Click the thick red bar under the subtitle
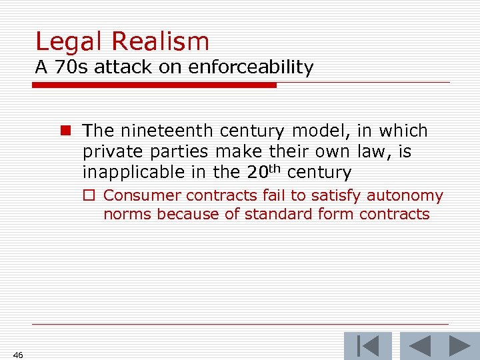[x=154, y=85]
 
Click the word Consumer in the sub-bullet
[x=143, y=196]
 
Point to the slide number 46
[x=18, y=355]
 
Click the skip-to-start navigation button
[x=367, y=347]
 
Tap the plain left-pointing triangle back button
[x=420, y=347]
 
